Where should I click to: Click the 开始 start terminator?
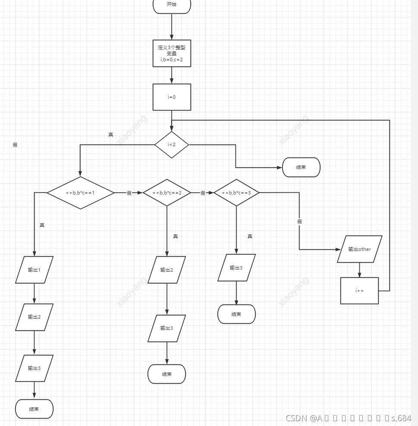172,5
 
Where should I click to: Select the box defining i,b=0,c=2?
172,53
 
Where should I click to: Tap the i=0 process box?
172,97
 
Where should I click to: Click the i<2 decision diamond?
172,144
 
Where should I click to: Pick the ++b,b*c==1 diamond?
80,193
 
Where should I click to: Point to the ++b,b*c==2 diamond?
167,193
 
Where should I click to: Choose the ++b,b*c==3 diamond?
236,193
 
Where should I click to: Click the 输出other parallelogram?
360,249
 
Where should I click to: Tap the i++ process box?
359,291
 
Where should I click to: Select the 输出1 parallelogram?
34,270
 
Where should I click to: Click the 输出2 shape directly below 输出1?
34,317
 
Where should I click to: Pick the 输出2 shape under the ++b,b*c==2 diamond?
167,270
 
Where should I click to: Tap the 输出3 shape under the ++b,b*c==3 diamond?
236,268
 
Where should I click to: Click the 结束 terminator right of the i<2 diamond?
301,167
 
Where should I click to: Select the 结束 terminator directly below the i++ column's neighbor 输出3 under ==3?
236,314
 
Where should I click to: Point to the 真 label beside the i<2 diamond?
111,135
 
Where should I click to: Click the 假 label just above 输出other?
299,222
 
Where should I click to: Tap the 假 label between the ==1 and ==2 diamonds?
129,193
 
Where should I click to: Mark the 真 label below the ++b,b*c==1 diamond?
42,225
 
